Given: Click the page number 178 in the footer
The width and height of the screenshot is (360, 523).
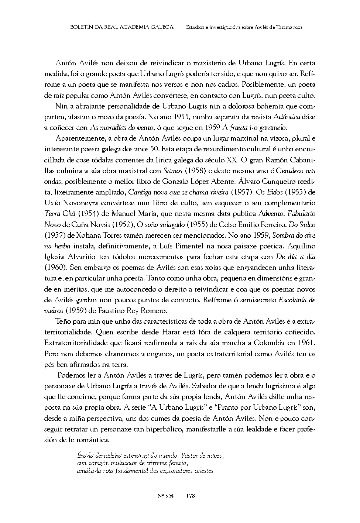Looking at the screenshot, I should pyautogui.click(x=191, y=496).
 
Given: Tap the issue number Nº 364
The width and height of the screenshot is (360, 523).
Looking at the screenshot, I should pyautogui.click(x=165, y=496).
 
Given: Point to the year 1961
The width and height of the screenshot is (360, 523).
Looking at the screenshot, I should pyautogui.click(x=306, y=342).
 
